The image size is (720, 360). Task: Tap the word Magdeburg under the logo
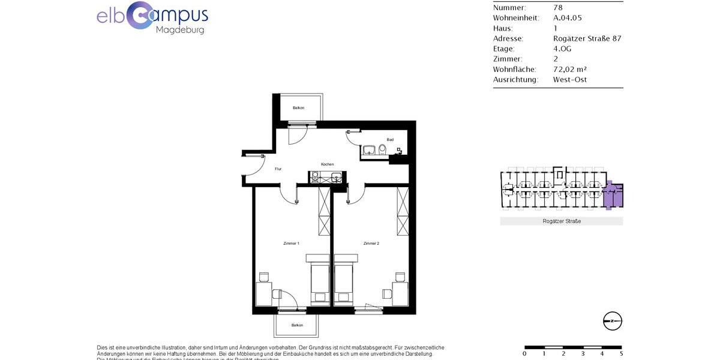point(179,30)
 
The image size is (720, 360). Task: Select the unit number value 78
point(557,8)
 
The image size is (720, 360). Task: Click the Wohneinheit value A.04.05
point(567,18)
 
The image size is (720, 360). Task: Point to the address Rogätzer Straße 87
point(587,38)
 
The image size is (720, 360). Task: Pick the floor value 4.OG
point(563,49)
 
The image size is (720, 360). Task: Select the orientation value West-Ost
point(569,79)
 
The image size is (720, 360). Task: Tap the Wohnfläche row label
point(514,69)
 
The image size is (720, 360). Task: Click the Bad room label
point(390,140)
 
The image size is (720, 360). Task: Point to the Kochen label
point(327,164)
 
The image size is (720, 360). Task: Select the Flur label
point(278,169)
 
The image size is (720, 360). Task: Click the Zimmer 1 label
point(291,243)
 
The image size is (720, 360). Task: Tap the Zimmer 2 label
point(371,243)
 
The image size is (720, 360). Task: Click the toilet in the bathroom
point(382,149)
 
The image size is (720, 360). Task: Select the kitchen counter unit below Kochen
point(326,176)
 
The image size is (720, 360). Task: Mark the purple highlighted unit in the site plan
point(613,196)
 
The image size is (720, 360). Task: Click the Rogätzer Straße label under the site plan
point(561,221)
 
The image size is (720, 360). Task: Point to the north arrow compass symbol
point(612,321)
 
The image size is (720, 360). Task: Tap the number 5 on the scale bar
point(621,354)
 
